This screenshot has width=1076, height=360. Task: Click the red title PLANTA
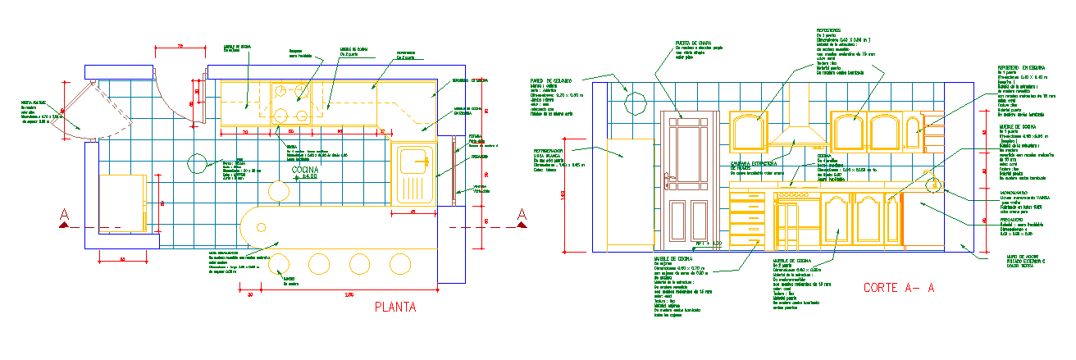tap(395, 308)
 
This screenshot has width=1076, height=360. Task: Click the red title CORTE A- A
tap(899, 288)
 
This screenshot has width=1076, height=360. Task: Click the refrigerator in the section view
tap(626, 194)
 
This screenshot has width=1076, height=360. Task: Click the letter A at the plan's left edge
tap(64, 216)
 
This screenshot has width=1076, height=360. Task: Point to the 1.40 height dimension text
tap(563, 195)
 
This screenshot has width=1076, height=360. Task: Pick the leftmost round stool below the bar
tap(279, 262)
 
